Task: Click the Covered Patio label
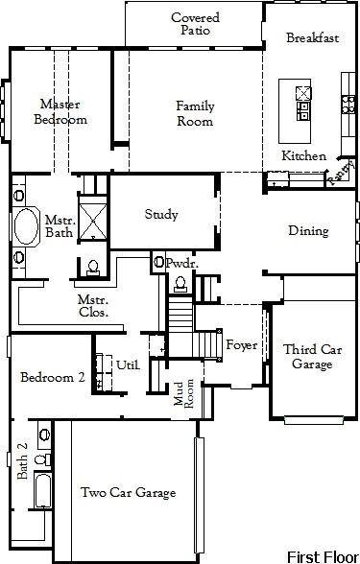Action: [195, 24]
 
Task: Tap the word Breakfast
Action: [313, 37]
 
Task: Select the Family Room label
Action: [194, 113]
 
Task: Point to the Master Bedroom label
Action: [60, 111]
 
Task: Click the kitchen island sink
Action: [303, 93]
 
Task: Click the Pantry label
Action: [338, 172]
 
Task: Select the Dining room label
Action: [308, 231]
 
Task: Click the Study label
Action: [161, 215]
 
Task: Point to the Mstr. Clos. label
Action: [93, 305]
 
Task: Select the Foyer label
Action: [241, 345]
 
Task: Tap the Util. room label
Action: [128, 364]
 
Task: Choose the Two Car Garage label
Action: [128, 492]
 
